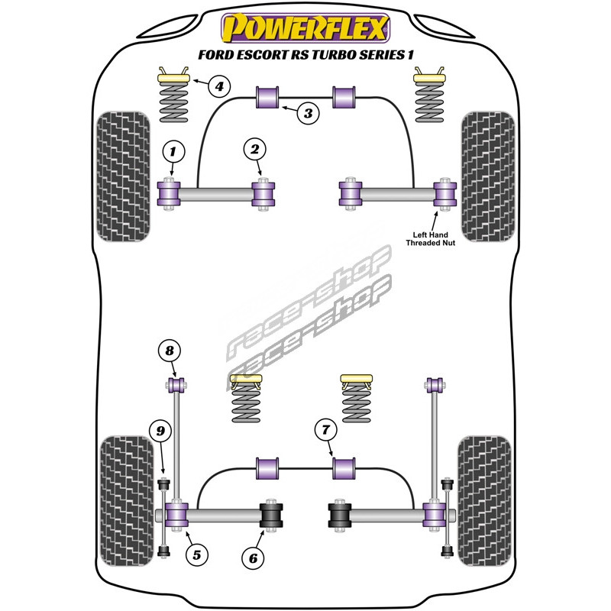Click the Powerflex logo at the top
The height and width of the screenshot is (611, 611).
(x=305, y=27)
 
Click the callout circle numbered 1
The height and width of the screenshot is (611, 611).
(x=173, y=150)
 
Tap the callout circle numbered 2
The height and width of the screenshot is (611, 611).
(x=254, y=150)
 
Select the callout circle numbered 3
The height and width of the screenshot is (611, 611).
(x=307, y=114)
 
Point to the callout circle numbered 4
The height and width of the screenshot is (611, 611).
(x=219, y=86)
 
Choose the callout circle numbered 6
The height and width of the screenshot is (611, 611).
(x=251, y=558)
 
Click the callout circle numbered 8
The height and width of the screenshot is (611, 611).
(x=170, y=351)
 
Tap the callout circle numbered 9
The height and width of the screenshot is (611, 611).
(x=160, y=432)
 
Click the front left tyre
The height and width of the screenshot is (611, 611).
(x=124, y=174)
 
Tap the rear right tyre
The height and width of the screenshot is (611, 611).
(x=483, y=499)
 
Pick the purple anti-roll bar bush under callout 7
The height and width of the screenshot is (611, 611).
(x=345, y=467)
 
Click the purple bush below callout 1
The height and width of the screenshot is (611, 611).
(x=169, y=194)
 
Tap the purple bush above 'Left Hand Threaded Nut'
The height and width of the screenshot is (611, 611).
(x=442, y=194)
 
